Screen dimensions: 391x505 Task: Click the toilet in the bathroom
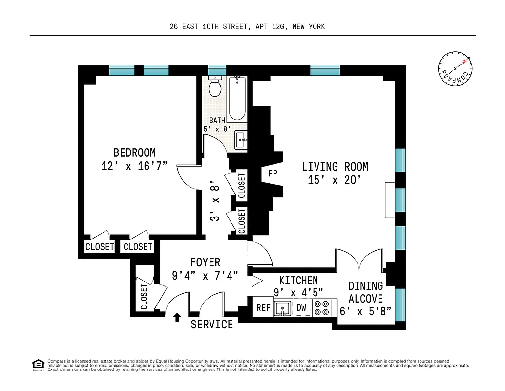[215, 87]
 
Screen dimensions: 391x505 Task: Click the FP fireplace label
[273, 173]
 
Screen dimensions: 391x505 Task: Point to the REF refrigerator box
[263, 308]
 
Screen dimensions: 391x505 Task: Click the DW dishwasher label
[301, 308]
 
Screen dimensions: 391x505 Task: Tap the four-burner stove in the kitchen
[321, 307]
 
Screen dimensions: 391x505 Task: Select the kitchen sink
[282, 308]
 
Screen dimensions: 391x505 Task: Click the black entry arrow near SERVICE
[177, 317]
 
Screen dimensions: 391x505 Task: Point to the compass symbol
[455, 68]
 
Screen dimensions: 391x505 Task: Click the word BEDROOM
[134, 152]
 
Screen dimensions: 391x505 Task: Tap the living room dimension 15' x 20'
[335, 180]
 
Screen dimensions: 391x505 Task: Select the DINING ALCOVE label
[365, 292]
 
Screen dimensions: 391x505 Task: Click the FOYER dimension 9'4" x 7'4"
[205, 275]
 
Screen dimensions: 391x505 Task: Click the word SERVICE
[211, 324]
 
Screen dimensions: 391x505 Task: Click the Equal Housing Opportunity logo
[37, 364]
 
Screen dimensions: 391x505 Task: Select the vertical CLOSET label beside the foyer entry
[144, 297]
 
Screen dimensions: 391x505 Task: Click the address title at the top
[247, 27]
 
